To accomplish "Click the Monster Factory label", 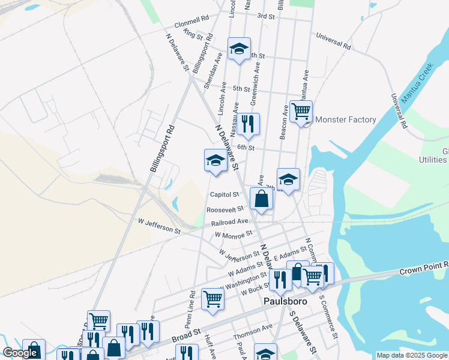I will (345, 119).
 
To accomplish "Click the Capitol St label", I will (224, 194).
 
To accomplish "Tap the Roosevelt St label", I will (224, 209).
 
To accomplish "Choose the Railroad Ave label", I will (229, 222).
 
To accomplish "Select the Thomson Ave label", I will (253, 331).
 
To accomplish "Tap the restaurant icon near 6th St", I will (248, 124).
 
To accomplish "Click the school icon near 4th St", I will (239, 49).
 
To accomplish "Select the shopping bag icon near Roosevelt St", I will (261, 200).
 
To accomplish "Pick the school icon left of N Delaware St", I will (215, 160).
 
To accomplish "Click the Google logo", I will (20, 353).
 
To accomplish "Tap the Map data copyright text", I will (412, 355).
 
